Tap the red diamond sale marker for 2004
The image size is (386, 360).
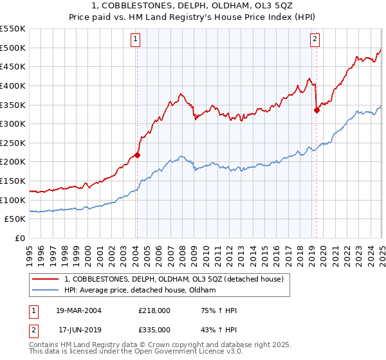click(x=137, y=155)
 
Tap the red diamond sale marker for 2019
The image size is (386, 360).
click(x=317, y=110)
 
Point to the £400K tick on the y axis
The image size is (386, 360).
click(x=14, y=85)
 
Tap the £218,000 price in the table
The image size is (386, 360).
click(x=154, y=310)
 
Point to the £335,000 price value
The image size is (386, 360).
click(x=154, y=329)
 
